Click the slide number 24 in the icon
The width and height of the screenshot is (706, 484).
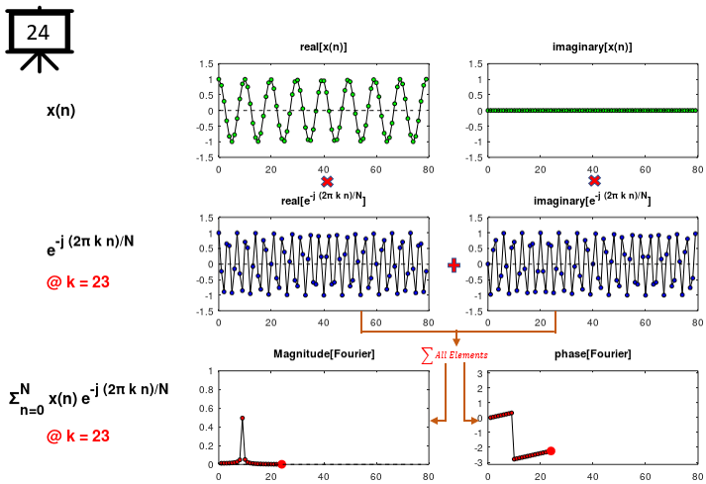coord(38,32)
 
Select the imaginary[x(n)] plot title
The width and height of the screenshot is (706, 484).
coord(592,48)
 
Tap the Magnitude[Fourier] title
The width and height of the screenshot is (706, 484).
coord(323,354)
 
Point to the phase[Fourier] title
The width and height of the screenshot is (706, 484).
coord(592,354)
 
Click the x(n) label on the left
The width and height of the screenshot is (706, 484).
coord(61,110)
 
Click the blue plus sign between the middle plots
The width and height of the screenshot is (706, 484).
coord(454,265)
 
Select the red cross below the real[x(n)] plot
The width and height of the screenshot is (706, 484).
coord(327,182)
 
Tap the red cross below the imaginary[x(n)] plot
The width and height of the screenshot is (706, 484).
coord(594,181)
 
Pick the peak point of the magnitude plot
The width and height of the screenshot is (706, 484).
coord(243,418)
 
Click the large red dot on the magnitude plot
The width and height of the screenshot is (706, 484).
coord(281,463)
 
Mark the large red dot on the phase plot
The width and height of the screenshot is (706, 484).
coord(551,450)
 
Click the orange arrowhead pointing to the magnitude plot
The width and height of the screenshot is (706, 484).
coord(435,421)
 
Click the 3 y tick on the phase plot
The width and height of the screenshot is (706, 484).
coord(479,373)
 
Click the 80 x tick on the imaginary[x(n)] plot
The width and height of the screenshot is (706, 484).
coord(697,170)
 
